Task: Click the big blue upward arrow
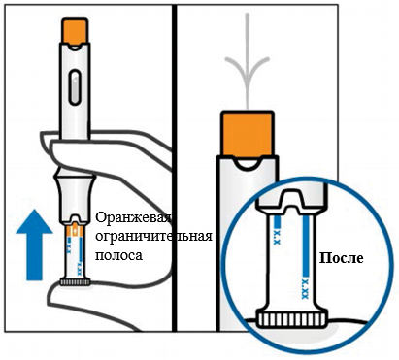pyautogui.click(x=34, y=245)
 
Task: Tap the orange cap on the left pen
pyautogui.click(x=75, y=31)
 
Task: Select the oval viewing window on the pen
pyautogui.click(x=75, y=87)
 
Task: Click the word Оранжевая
pyautogui.click(x=133, y=218)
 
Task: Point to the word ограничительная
pyautogui.click(x=153, y=236)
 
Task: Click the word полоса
pyautogui.click(x=118, y=255)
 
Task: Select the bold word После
pyautogui.click(x=342, y=258)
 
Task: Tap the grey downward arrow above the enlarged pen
pyautogui.click(x=248, y=61)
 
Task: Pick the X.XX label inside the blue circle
pyautogui.click(x=305, y=288)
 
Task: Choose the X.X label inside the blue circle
pyautogui.click(x=277, y=237)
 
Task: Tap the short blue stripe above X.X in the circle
pyautogui.click(x=277, y=221)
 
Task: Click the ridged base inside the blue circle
pyautogui.click(x=292, y=319)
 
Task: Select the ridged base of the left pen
pyautogui.click(x=76, y=282)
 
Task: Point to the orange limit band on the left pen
pyautogui.click(x=75, y=230)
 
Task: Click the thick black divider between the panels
pyautogui.click(x=175, y=168)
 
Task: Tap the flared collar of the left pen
pyautogui.click(x=75, y=197)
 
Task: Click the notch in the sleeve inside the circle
pyautogui.click(x=292, y=201)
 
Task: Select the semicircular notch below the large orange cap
pyautogui.click(x=248, y=164)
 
